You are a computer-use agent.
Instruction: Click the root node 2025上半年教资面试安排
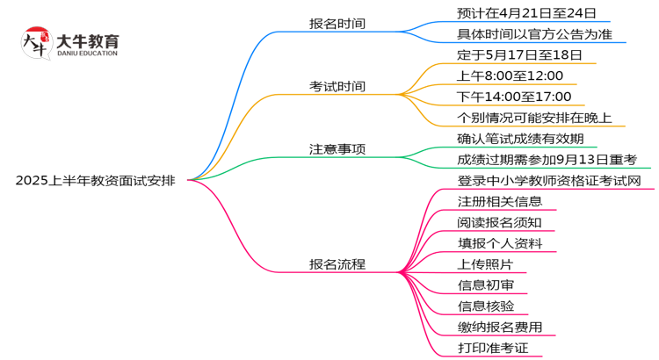(95, 181)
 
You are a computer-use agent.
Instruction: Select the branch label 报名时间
(337, 24)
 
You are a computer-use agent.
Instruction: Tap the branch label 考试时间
(337, 87)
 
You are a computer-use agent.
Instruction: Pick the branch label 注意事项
(337, 149)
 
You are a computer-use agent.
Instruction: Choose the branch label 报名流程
(337, 264)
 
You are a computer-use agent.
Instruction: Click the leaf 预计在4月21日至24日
(526, 13)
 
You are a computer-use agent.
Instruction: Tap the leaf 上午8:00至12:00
(510, 76)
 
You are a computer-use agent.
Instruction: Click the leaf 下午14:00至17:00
(514, 97)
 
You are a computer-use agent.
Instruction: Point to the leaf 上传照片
(486, 264)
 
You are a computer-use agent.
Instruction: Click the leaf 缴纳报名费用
(499, 328)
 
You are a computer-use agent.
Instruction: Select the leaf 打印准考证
(492, 349)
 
